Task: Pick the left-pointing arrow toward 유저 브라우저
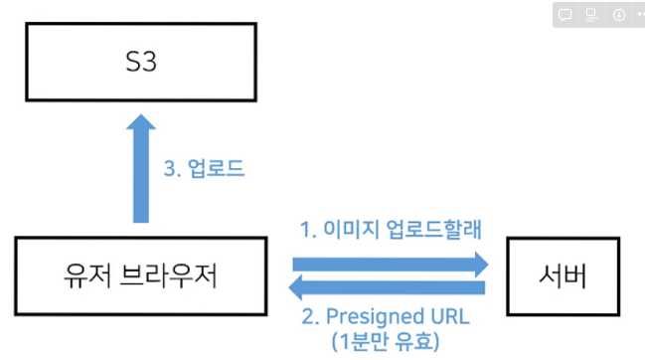388,288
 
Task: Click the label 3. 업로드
203,167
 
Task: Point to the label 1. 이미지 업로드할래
391,230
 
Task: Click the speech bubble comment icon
564,15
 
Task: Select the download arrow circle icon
618,15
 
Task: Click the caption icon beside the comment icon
591,15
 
